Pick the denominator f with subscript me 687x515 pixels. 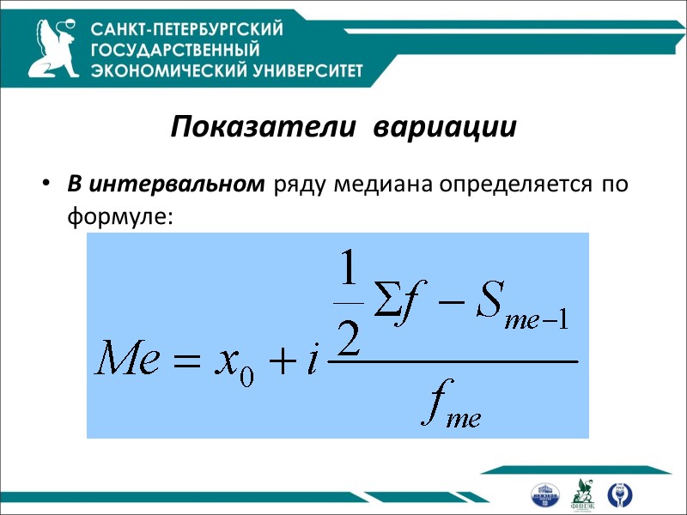pos(449,406)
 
